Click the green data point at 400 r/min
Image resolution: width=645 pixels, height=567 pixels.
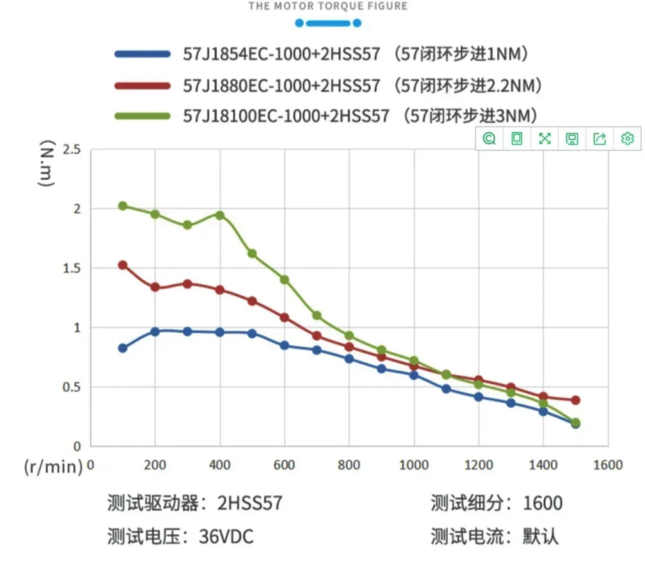[x=220, y=215]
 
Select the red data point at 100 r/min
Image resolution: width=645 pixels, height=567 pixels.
[x=123, y=265]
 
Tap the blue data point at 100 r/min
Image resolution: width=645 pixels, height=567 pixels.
[x=123, y=348]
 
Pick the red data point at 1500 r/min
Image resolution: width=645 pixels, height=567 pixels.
[x=575, y=400]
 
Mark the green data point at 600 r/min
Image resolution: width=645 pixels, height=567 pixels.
[x=284, y=280]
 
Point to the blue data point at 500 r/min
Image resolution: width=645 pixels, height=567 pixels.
[x=252, y=333]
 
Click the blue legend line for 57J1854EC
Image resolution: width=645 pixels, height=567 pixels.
[x=143, y=54]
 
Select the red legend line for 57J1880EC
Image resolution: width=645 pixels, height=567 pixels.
[x=143, y=85]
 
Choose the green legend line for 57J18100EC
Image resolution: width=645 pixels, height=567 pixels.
[x=143, y=116]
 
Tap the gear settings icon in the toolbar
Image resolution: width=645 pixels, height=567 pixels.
[x=628, y=139]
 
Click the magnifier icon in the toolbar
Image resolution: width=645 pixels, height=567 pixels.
[x=489, y=139]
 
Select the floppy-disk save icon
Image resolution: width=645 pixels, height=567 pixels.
[x=572, y=139]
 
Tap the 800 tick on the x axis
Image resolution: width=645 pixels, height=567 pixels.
[x=349, y=465]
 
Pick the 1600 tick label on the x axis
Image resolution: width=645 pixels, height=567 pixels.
[x=608, y=465]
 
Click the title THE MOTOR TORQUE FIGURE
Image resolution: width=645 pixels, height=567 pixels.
[x=328, y=6]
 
